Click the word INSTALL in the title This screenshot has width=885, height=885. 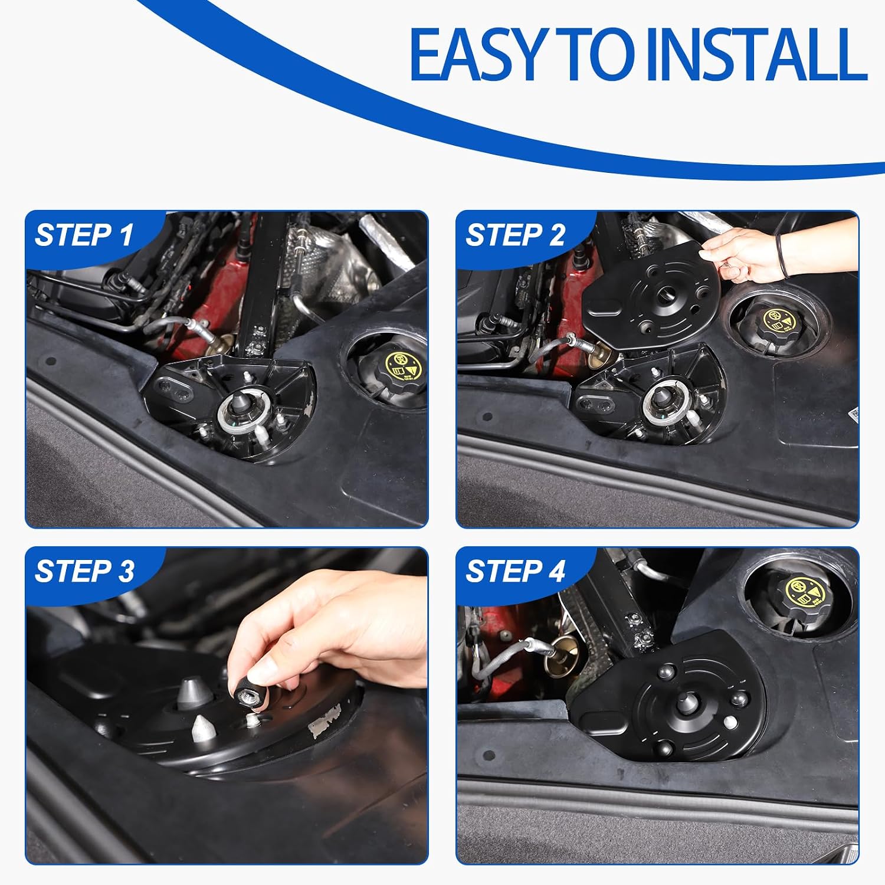(x=756, y=54)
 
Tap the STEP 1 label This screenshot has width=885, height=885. (x=84, y=235)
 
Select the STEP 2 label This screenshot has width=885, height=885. (x=515, y=235)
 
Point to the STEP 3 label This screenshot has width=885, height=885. (x=84, y=571)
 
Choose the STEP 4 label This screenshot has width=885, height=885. (x=515, y=571)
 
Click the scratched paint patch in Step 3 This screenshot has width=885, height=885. (x=325, y=721)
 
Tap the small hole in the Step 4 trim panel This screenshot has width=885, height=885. (x=488, y=755)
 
